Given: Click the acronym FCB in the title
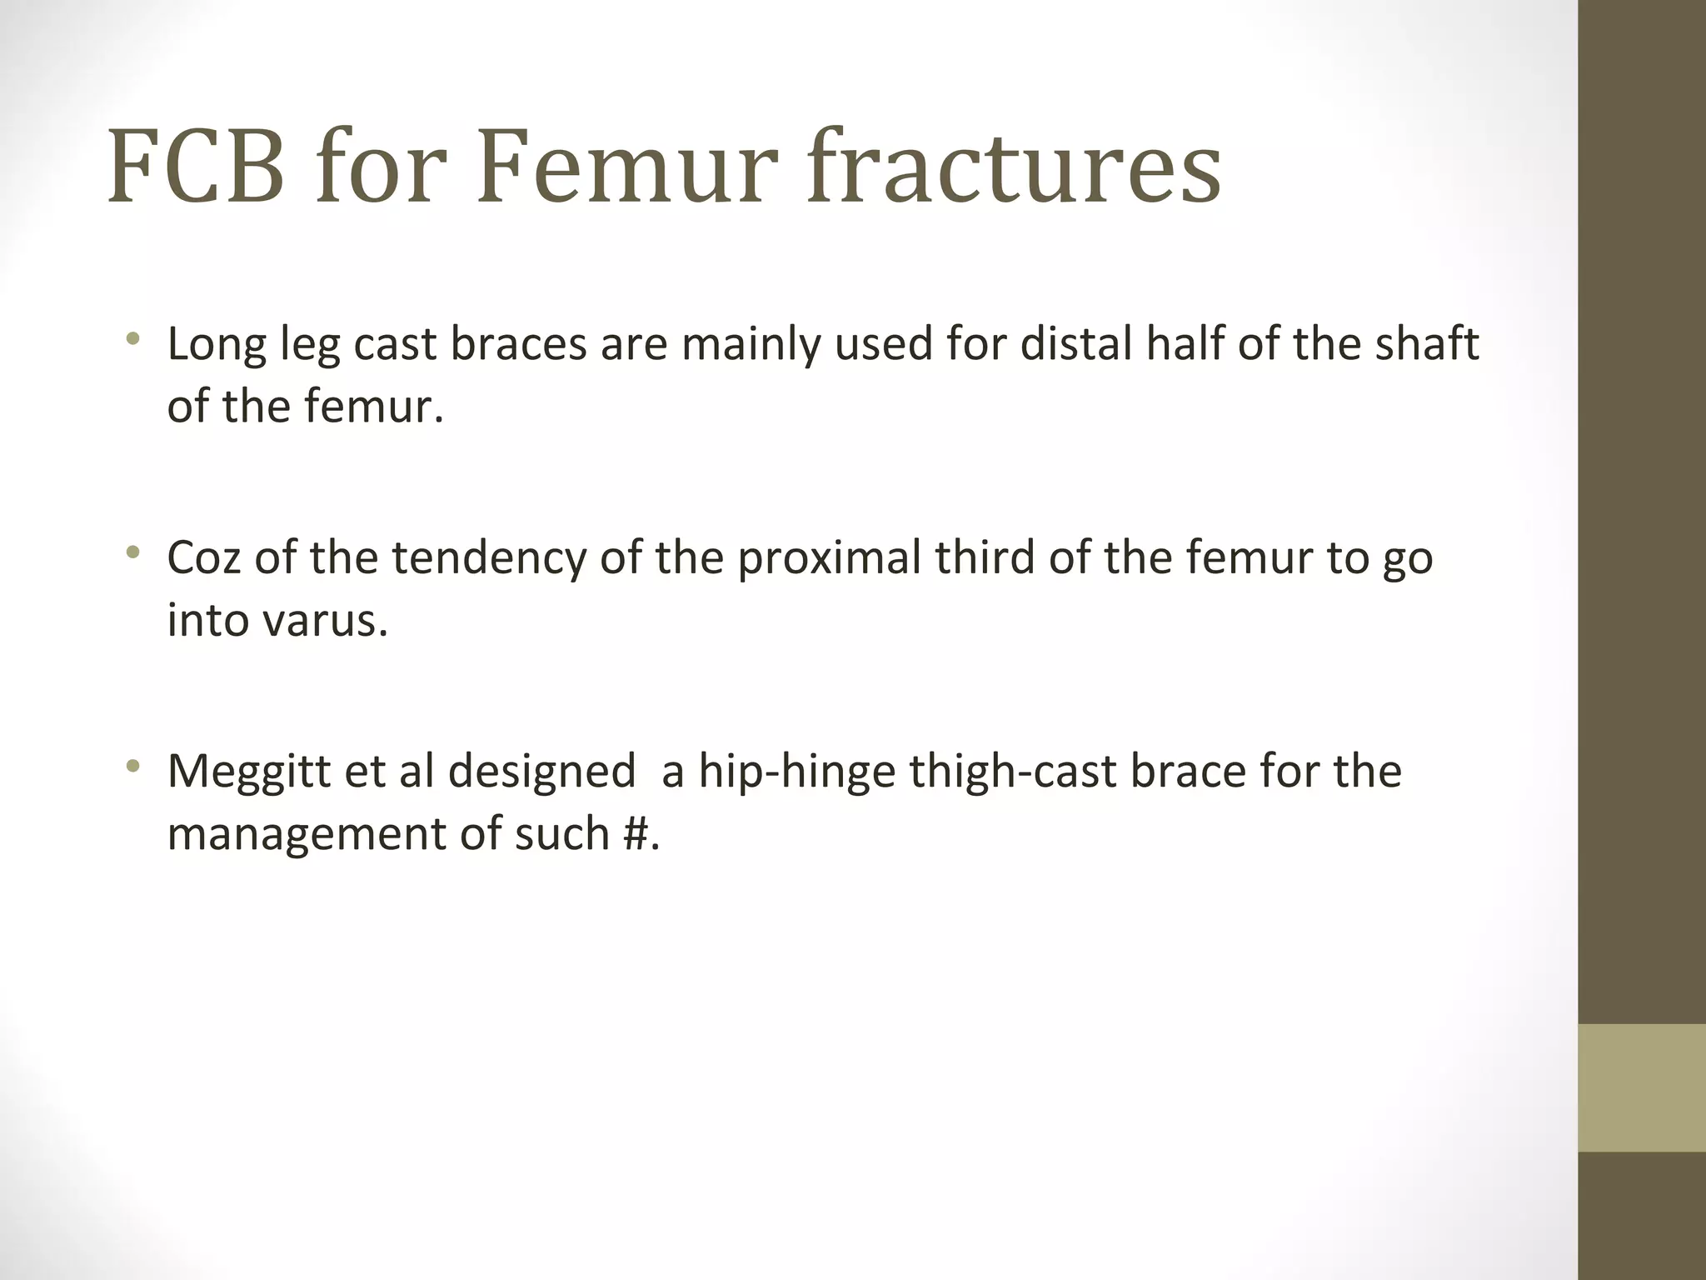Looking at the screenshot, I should point(195,166).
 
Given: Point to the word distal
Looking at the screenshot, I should point(1071,343).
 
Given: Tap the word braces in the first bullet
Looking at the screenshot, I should point(518,343).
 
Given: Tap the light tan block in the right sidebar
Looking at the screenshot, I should point(1641,1087).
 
